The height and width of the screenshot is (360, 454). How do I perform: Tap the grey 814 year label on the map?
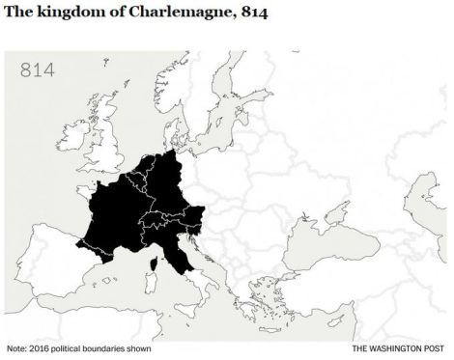[38, 70]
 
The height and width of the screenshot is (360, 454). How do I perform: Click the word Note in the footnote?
[17, 348]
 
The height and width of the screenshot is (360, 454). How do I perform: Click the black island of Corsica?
[153, 263]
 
